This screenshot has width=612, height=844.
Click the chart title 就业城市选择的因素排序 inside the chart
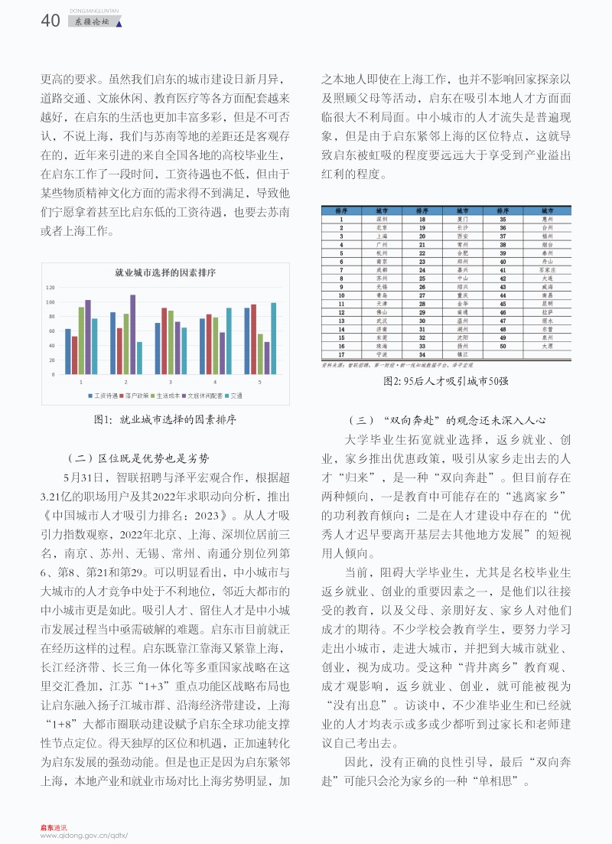pos(164,272)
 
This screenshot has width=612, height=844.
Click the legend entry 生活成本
pos(168,396)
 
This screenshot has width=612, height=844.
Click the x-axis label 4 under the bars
pos(214,381)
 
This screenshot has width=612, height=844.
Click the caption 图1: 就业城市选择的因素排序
pos(164,419)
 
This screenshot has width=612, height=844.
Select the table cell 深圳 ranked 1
pos(382,218)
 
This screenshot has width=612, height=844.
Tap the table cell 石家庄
pos(546,270)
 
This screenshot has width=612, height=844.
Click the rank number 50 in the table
pos(503,346)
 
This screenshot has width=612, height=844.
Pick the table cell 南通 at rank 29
pos(463,312)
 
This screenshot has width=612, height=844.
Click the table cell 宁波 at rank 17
pos(382,354)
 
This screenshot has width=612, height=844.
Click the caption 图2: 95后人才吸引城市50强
pos(446,380)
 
